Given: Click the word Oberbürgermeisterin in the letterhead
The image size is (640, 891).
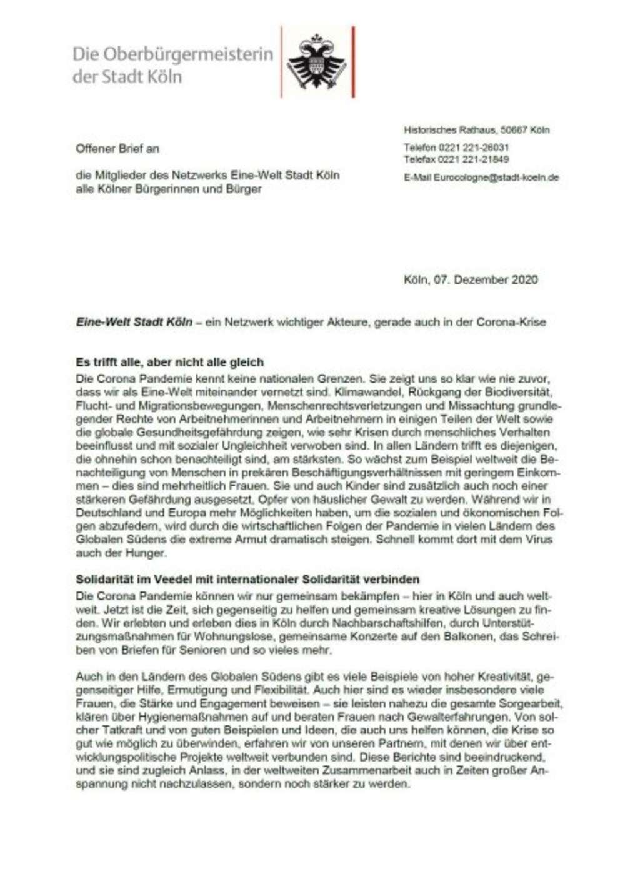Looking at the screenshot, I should click(x=187, y=54).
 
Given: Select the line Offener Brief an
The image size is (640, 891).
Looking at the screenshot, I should click(x=117, y=149).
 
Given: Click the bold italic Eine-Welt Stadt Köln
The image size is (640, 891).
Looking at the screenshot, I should click(x=134, y=323).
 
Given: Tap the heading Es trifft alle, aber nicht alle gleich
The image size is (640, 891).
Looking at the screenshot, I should click(x=169, y=362).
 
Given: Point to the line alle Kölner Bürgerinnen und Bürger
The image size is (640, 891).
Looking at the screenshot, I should click(x=169, y=189).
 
